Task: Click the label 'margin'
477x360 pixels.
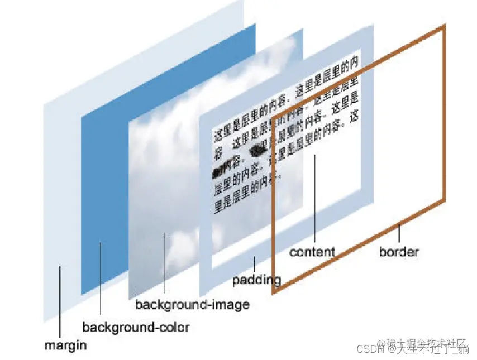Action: [66, 345]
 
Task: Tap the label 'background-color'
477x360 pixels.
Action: [136, 327]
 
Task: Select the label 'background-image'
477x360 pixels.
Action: [192, 305]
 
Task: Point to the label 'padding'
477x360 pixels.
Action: [256, 279]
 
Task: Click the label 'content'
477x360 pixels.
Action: [312, 252]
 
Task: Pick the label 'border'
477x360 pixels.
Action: [399, 251]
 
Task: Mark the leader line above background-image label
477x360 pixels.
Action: [164, 262]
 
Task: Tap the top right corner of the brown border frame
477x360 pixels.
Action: [445, 26]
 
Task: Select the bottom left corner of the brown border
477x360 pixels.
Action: [274, 291]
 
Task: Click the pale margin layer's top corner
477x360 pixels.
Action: [244, 2]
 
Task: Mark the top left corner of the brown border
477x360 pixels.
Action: [273, 118]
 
